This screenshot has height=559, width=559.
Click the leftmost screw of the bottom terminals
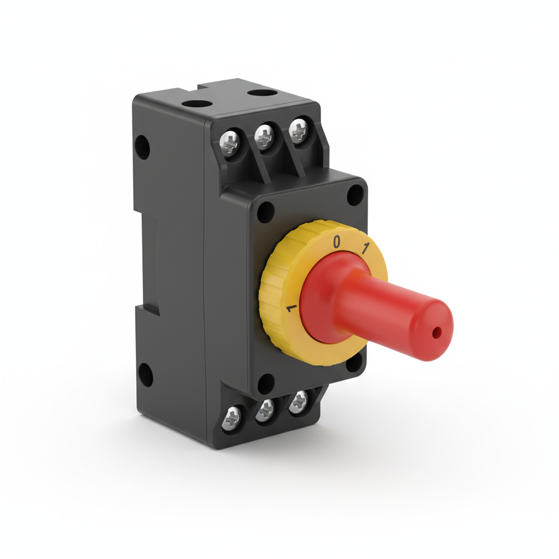pos(232,418)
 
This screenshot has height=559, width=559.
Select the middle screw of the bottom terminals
pos(265,409)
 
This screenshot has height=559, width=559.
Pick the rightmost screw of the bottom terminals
pos(298,402)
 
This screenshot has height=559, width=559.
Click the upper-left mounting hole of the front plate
pos(265,212)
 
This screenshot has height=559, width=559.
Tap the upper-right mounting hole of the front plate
pos(355,194)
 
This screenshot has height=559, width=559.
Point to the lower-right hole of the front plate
pos(355,362)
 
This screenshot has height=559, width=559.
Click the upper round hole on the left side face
pos(142,147)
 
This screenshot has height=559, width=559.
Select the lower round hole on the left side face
pos(145,375)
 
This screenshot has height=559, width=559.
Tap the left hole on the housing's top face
pos(197,103)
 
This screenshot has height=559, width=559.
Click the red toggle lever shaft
pos(382,311)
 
